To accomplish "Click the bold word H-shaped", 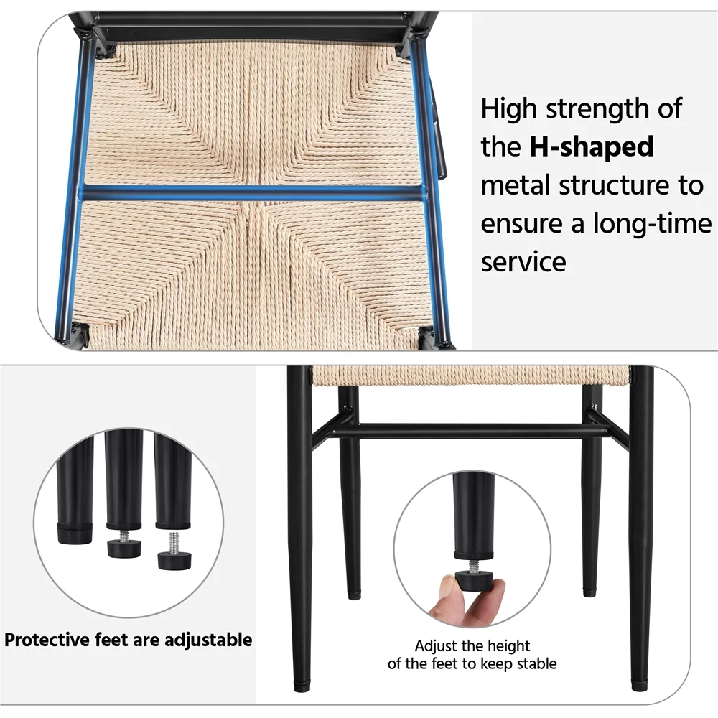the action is (x=592, y=147).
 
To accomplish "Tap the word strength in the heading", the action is (x=599, y=110).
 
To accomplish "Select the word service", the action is (x=523, y=262).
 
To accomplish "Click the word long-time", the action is (x=653, y=223).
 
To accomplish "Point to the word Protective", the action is (x=47, y=640).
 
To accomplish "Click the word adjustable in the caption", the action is (x=208, y=640).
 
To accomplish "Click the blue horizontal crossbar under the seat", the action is (x=253, y=193).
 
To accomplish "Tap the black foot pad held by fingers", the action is (x=475, y=581).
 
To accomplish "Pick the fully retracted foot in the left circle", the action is (x=74, y=534).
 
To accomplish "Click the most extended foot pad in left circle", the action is (x=174, y=560).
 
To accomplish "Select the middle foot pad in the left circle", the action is (x=123, y=548).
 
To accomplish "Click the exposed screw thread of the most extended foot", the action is (x=172, y=541).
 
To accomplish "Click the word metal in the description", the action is (x=516, y=185).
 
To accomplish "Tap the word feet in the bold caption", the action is (x=112, y=640).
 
